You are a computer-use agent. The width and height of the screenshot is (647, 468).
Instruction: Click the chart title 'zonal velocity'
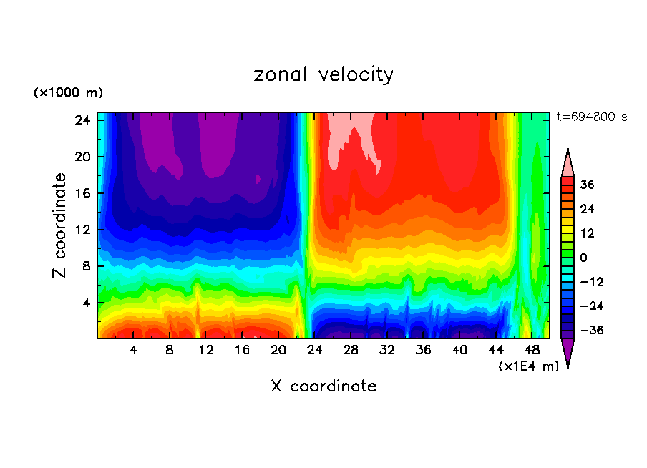[x=323, y=74]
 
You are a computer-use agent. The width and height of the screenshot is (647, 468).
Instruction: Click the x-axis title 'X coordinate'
[x=323, y=386]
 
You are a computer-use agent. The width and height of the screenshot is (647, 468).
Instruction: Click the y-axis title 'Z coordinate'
[x=61, y=225]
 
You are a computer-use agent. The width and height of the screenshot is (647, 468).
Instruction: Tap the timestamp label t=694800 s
[x=591, y=117]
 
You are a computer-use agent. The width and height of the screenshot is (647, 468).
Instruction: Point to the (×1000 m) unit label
[x=68, y=93]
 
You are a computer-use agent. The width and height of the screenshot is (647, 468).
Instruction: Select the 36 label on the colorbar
[x=588, y=185]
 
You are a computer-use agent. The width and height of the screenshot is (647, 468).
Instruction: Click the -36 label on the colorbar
[x=585, y=331]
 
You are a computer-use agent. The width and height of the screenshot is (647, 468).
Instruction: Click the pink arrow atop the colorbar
[x=568, y=163]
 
